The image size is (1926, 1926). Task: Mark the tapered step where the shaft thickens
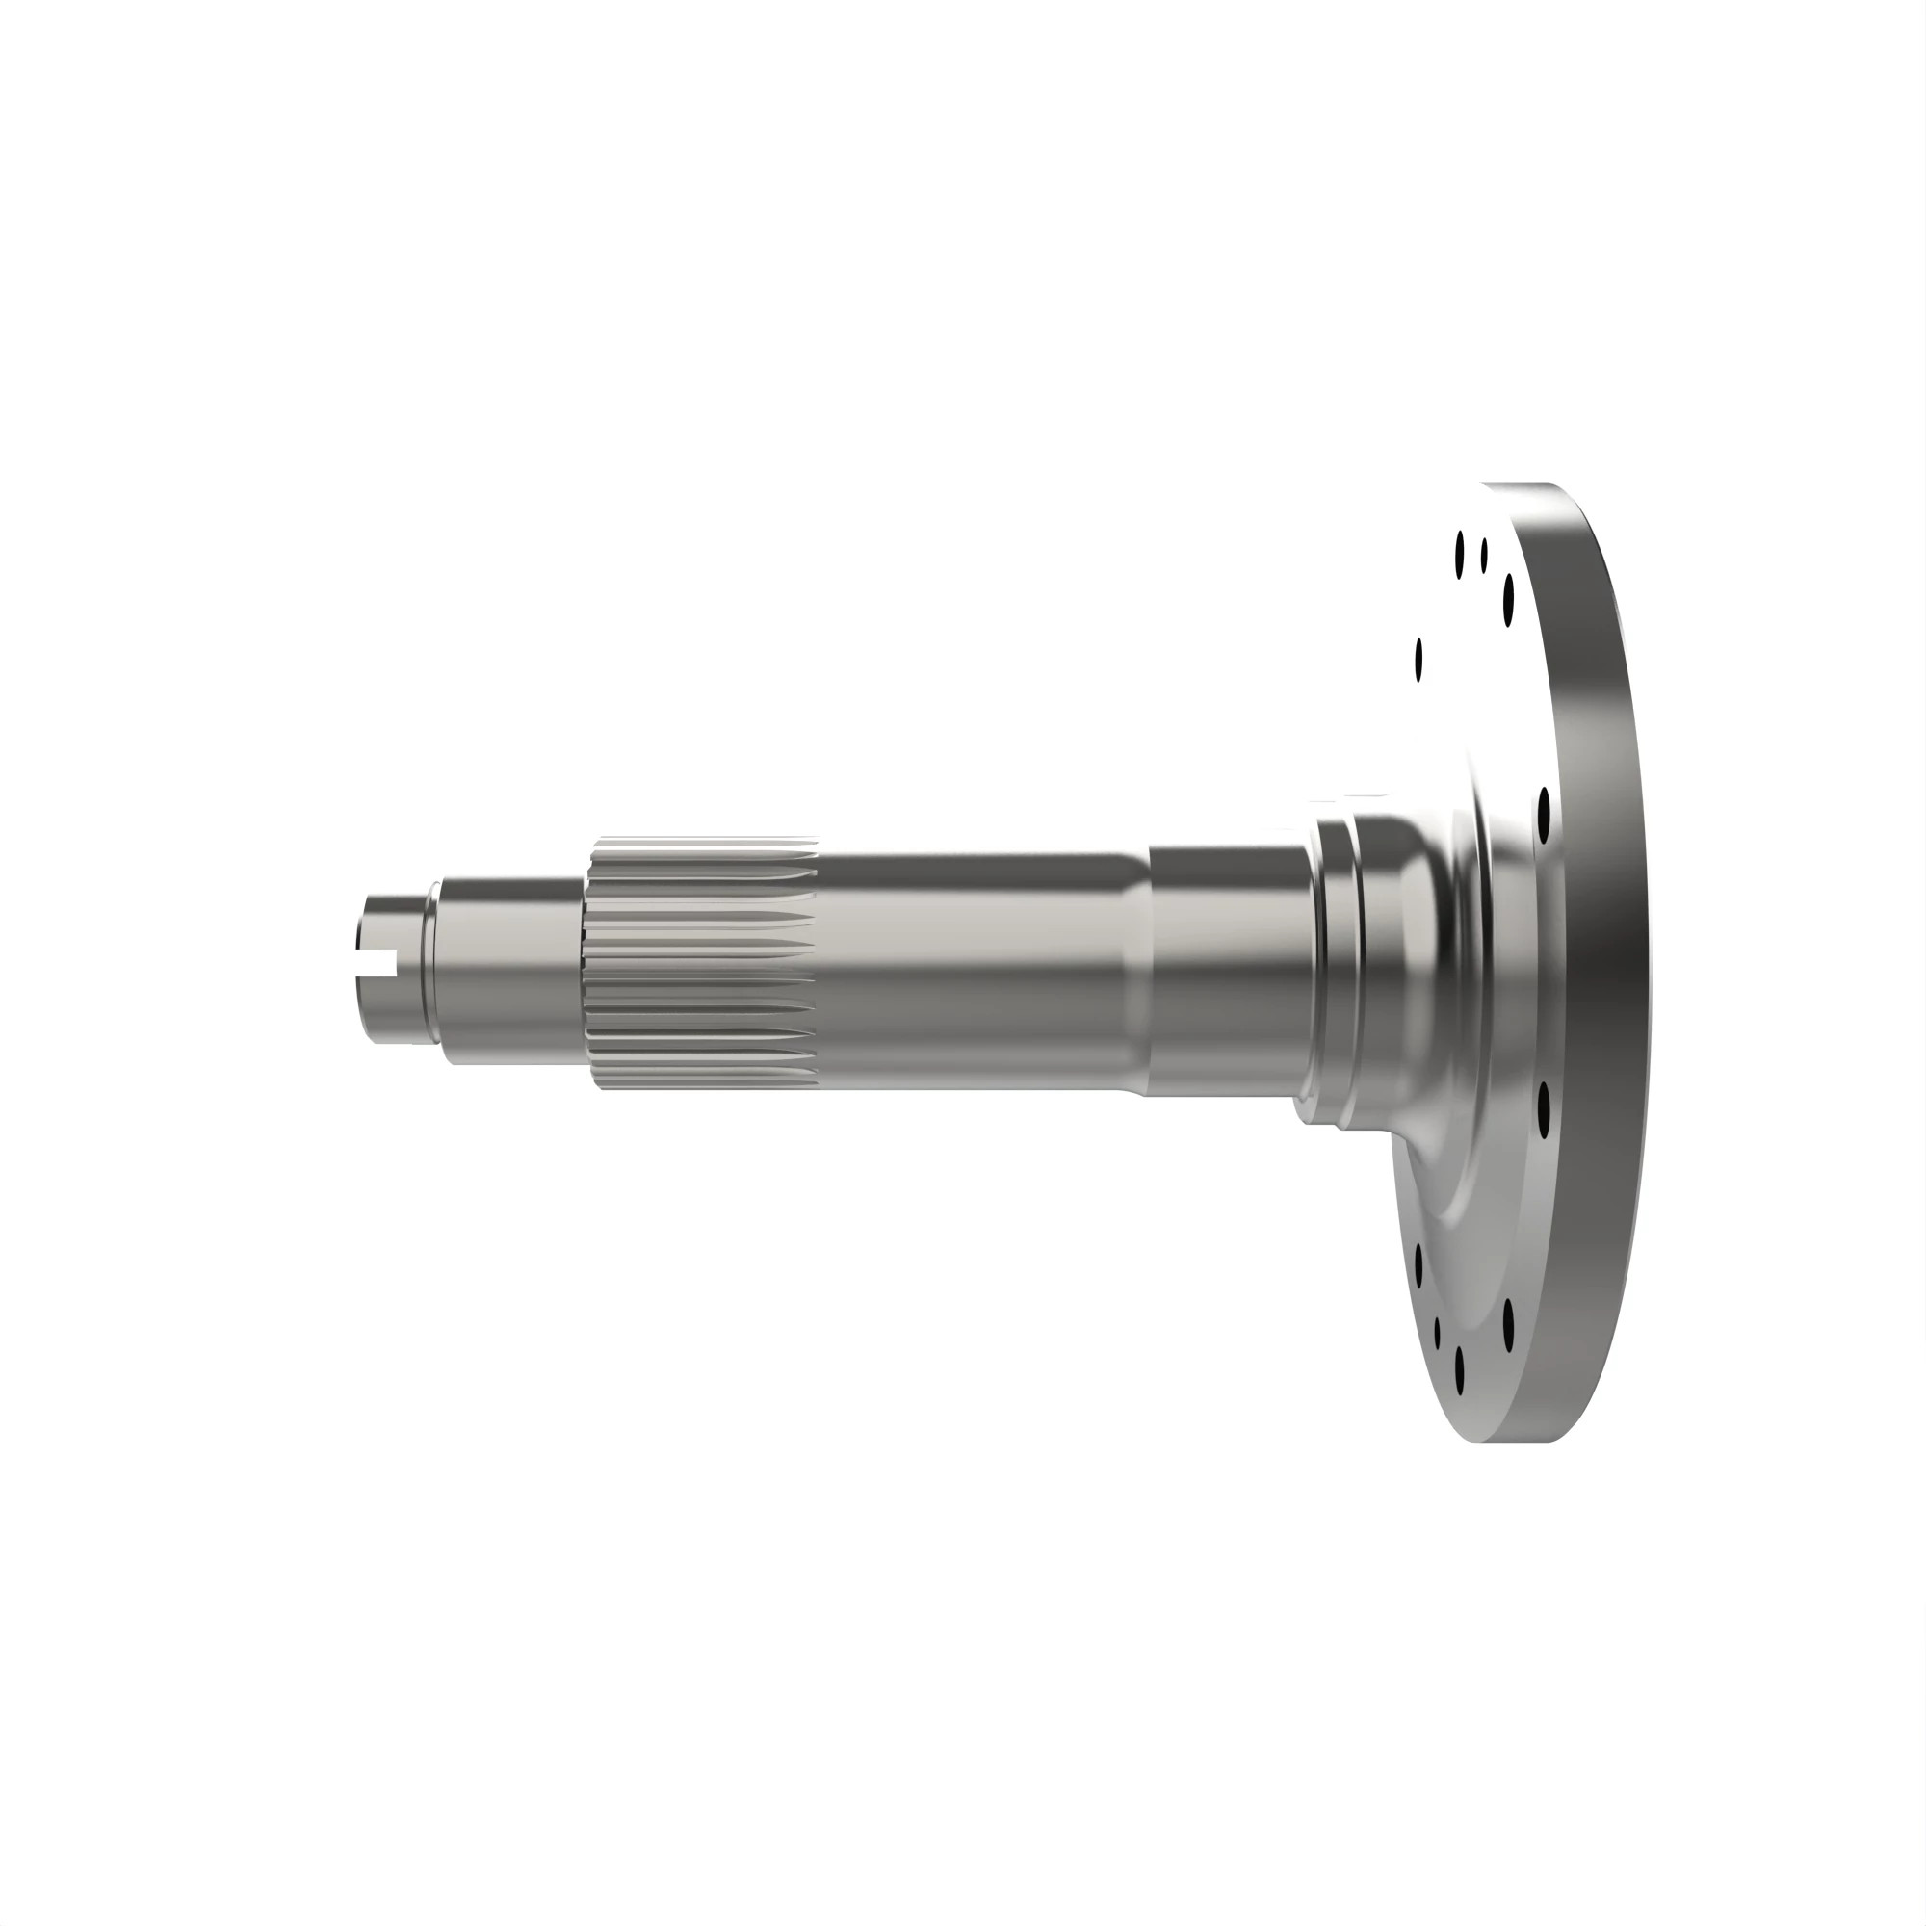click(1137, 972)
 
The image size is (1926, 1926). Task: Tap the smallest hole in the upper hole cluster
click(1484, 555)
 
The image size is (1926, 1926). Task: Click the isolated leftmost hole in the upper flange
click(1418, 660)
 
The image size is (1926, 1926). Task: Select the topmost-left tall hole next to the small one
click(1460, 555)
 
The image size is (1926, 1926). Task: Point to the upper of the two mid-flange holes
click(1545, 816)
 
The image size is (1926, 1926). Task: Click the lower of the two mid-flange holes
click(1545, 1109)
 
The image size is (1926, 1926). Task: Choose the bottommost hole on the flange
click(1460, 1370)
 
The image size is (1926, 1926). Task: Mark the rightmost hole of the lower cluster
click(1508, 1323)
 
